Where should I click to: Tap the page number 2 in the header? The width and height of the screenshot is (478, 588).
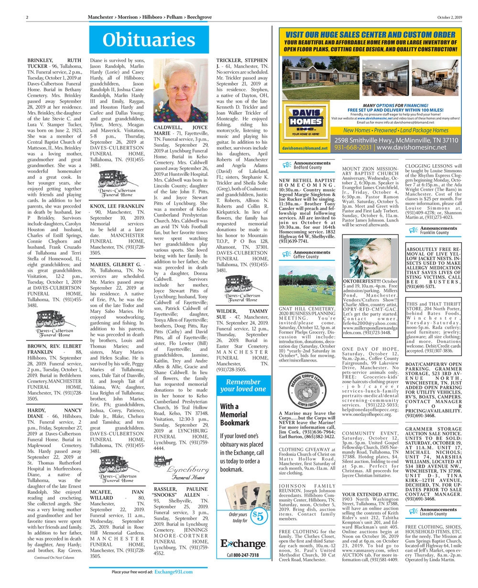[x=27, y=18]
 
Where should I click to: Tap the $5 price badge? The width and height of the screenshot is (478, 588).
[x=259, y=516]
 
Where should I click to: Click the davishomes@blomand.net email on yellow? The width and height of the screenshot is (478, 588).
[x=304, y=149]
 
